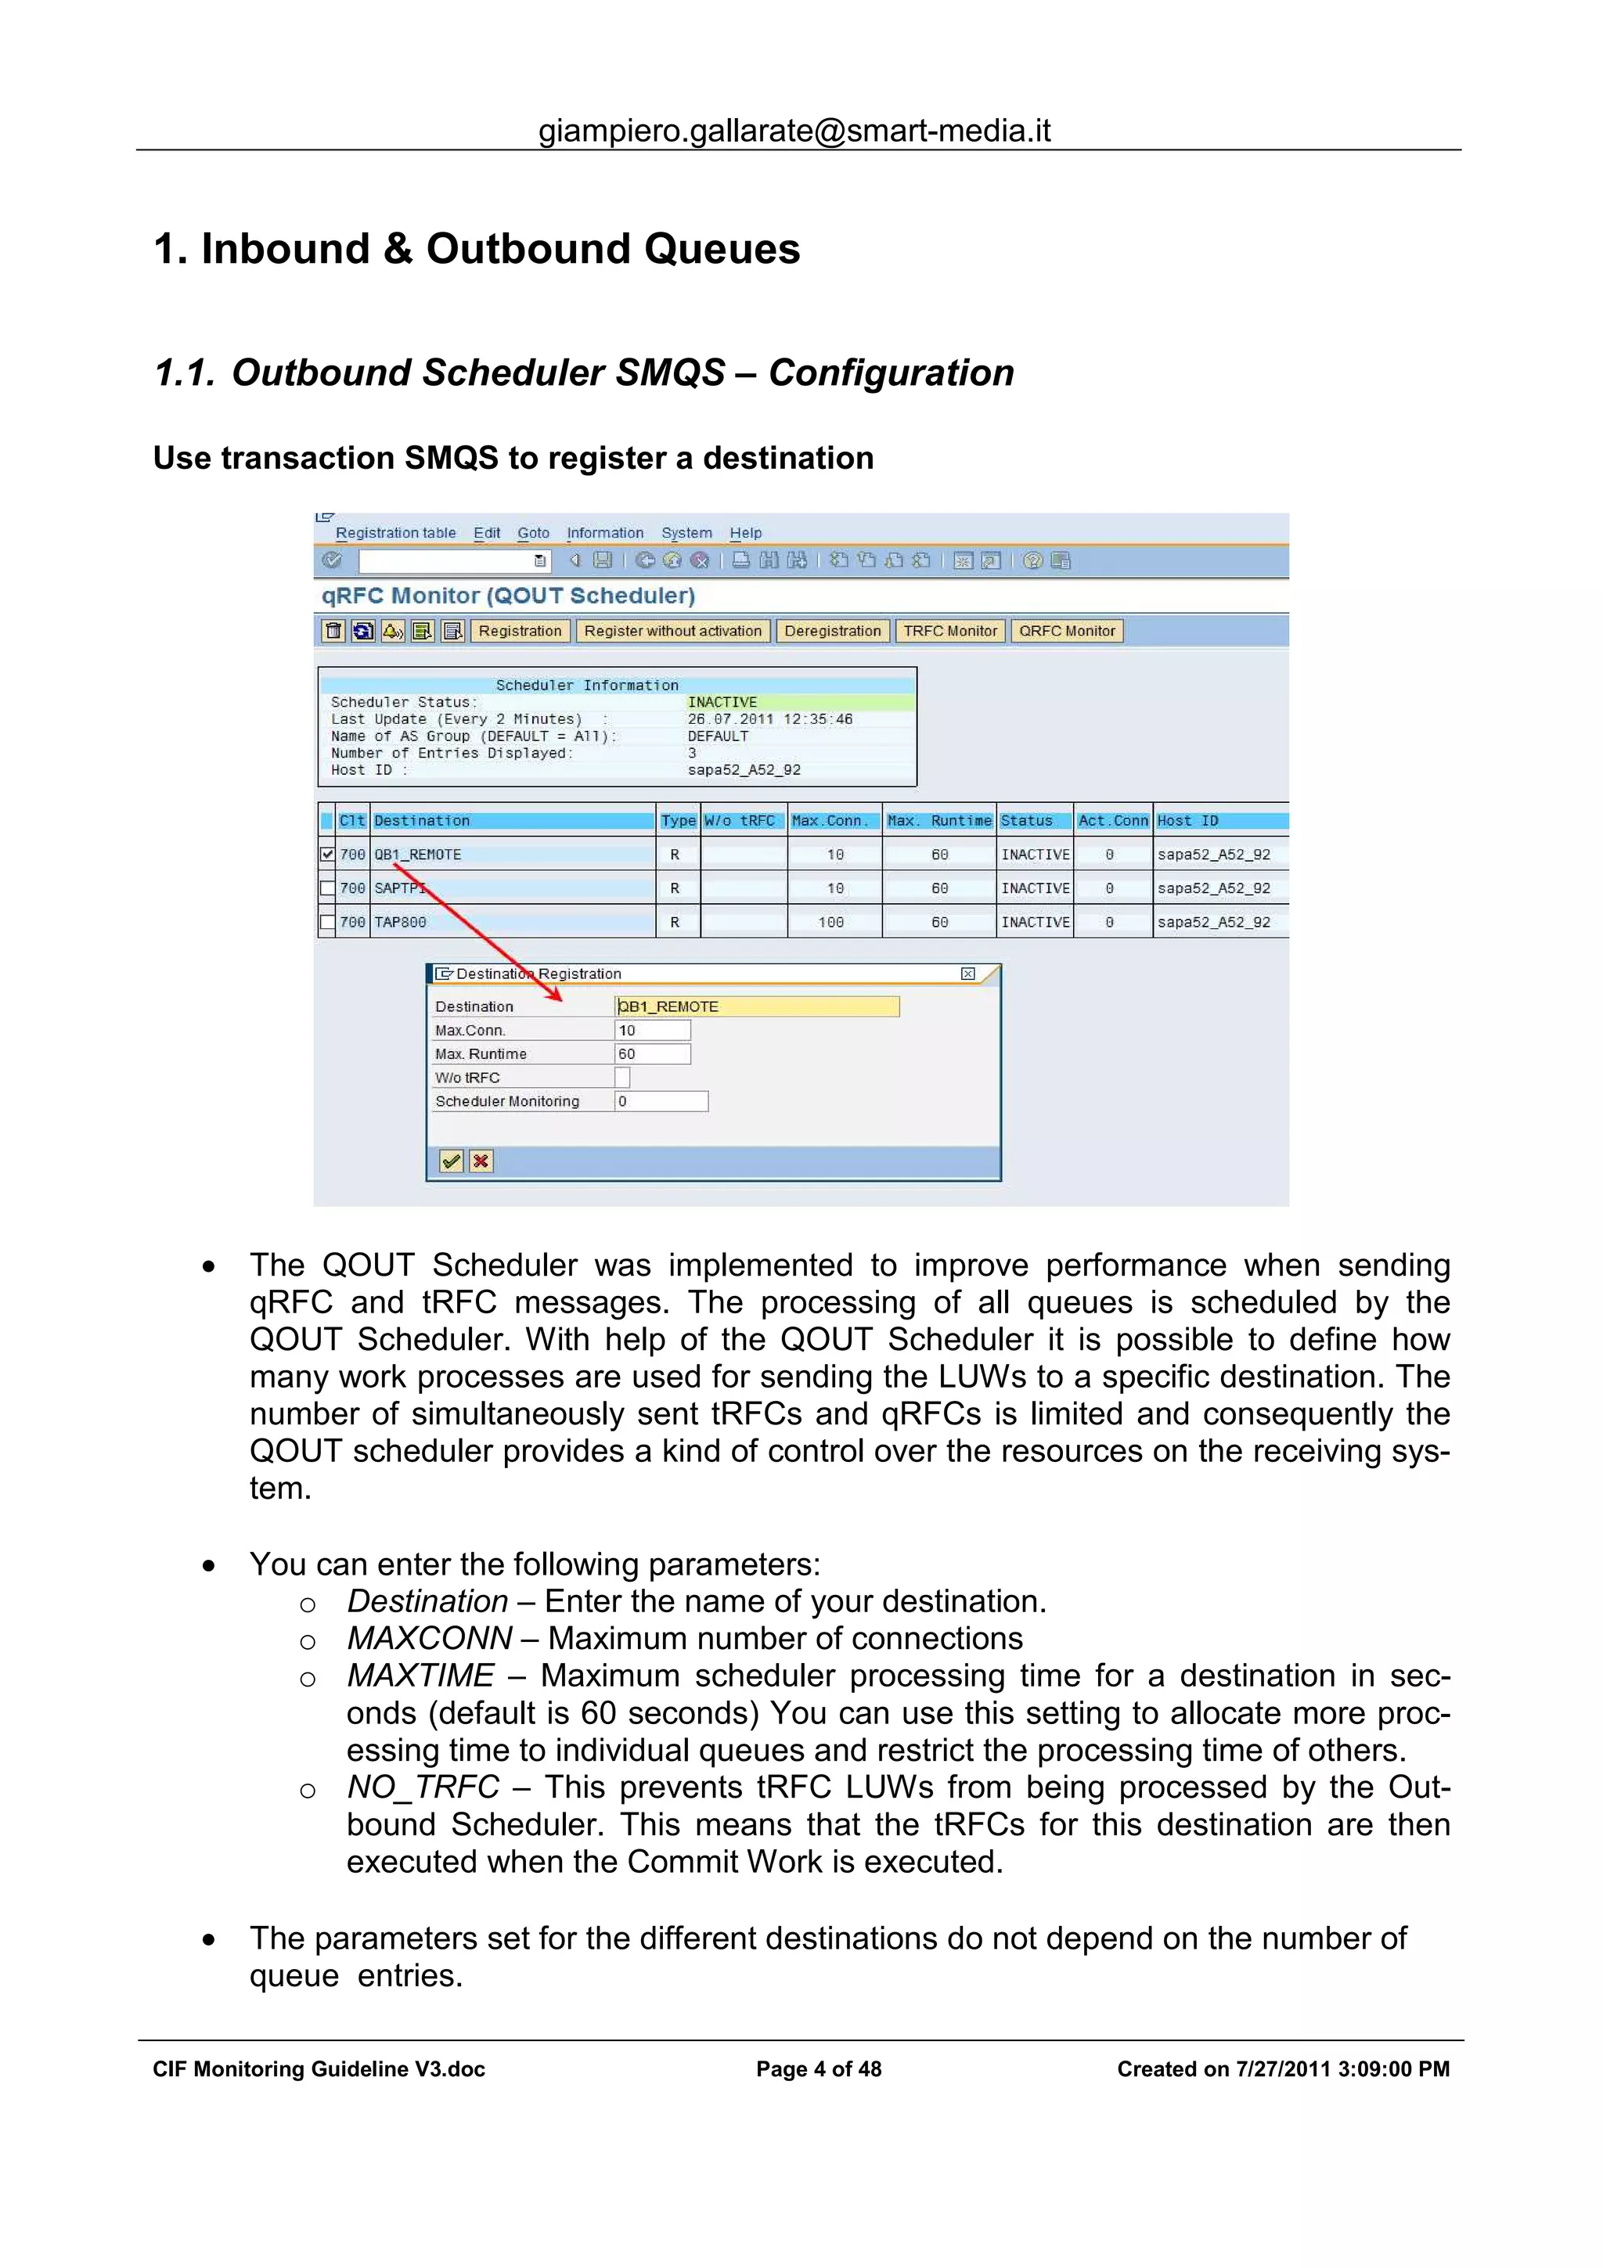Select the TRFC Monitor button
(x=949, y=632)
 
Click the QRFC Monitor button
(x=1066, y=632)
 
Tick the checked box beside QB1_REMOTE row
(x=327, y=855)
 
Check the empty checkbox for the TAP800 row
(x=327, y=922)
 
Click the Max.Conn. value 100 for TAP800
(x=830, y=922)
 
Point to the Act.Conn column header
(x=1112, y=821)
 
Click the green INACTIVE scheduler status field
(x=800, y=702)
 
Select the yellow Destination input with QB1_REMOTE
(x=757, y=1006)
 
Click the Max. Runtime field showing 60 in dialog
(x=652, y=1054)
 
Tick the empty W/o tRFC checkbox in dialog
(x=622, y=1078)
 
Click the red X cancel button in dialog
(x=481, y=1161)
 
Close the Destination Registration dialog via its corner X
(x=968, y=974)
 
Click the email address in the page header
(x=794, y=131)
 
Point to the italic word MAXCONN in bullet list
(x=430, y=1639)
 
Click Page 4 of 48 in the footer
(x=819, y=2069)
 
